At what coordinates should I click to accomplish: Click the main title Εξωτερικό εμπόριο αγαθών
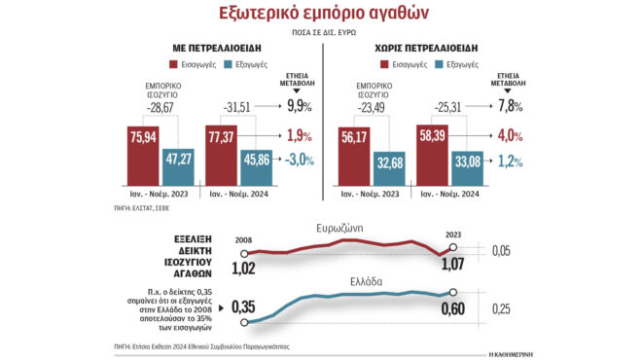pyautogui.click(x=320, y=13)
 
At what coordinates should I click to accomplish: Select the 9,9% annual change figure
pyautogui.click(x=298, y=105)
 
